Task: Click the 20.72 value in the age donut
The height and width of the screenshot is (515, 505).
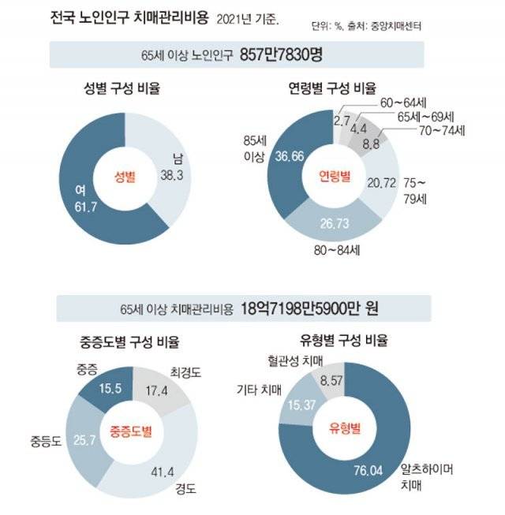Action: (x=383, y=184)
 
